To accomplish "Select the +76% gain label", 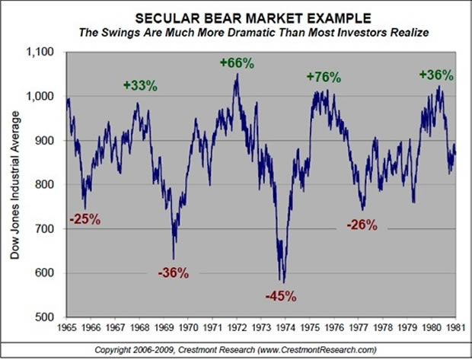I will click(x=324, y=77).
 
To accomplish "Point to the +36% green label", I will click(x=436, y=75).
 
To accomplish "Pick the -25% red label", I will click(x=85, y=219).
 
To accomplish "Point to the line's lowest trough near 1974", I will click(x=283, y=283).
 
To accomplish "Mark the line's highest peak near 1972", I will click(x=237, y=75).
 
